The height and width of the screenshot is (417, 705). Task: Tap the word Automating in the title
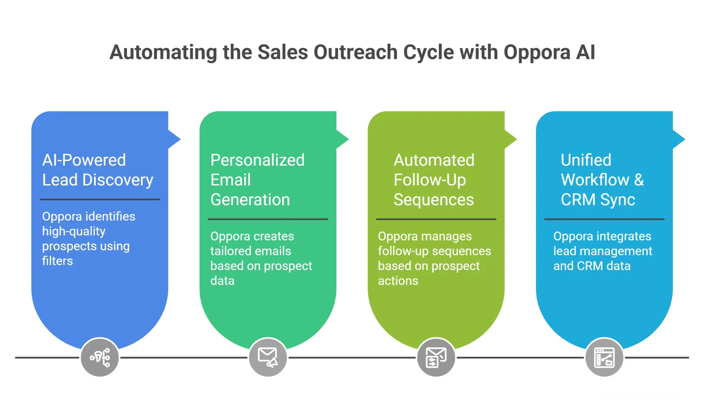point(163,53)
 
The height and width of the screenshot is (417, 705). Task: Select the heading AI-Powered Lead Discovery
point(97,170)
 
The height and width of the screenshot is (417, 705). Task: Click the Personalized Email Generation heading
point(257,180)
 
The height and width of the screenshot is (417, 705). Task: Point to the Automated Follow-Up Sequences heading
point(434,180)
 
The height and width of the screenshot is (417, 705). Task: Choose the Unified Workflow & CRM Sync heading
point(602,180)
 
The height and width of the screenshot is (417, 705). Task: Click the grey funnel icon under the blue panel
point(100,357)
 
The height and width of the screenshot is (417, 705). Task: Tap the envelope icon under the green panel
point(268,357)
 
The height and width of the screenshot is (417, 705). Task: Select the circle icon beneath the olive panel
point(436,357)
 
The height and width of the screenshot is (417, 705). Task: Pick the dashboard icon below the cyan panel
point(604,357)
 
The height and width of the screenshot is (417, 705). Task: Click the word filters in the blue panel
point(57,261)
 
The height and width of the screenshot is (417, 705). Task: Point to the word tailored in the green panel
point(232,251)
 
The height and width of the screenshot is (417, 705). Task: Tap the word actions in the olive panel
point(398,281)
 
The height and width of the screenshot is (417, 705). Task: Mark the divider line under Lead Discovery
point(100,199)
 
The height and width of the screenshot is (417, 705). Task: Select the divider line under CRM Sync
point(604,219)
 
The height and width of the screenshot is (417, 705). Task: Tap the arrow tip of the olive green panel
point(513,139)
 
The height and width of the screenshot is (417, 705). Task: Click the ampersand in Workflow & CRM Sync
point(639,180)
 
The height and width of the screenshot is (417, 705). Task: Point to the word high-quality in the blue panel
point(74,232)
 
